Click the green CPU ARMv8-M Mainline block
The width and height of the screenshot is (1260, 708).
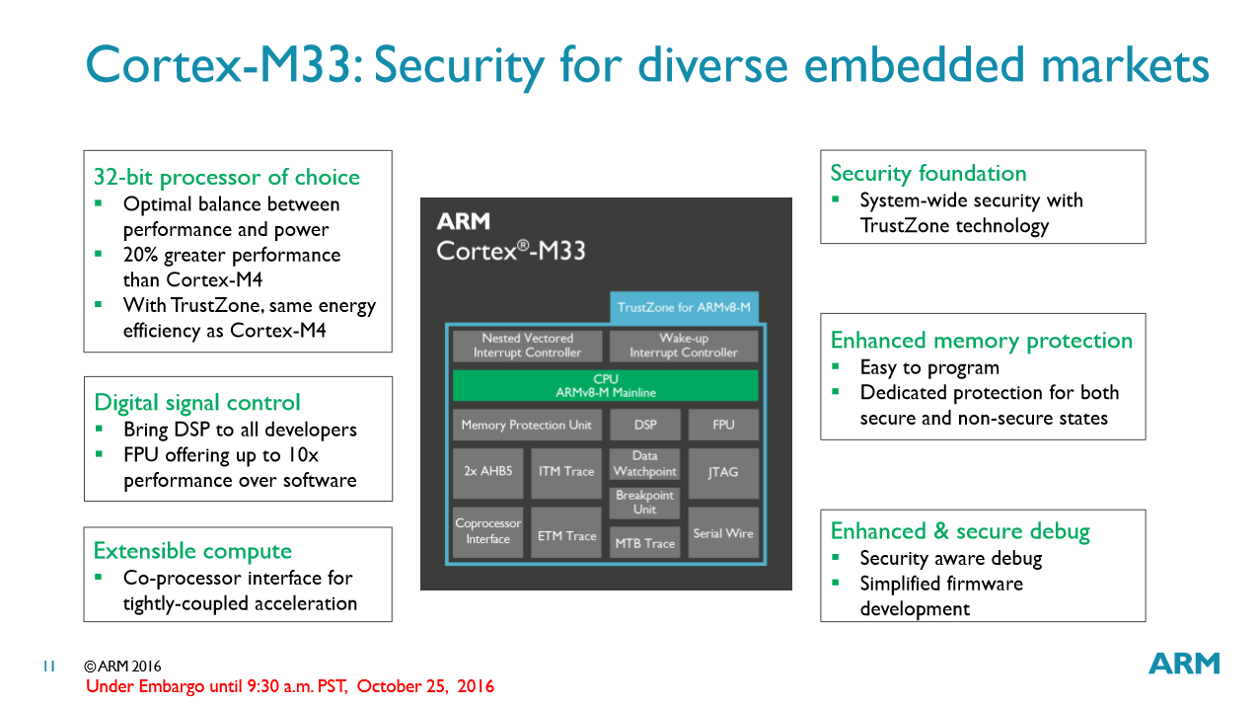[x=605, y=385]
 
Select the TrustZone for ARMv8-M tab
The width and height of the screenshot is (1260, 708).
[x=684, y=307]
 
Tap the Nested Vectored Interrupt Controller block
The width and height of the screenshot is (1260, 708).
[x=527, y=346]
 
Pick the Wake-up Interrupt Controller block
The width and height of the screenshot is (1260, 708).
[x=684, y=346]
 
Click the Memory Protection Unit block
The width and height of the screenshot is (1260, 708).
[x=527, y=425]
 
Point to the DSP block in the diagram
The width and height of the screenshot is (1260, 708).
[x=644, y=425]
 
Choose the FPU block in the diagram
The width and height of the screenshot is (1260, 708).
[x=723, y=425]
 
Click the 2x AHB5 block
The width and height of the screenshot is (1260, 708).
[x=488, y=471]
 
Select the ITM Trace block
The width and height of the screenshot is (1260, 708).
[x=566, y=471]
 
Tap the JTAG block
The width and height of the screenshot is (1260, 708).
[x=723, y=471]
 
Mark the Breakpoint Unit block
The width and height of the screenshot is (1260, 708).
[x=644, y=503]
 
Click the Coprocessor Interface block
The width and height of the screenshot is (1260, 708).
[x=488, y=531]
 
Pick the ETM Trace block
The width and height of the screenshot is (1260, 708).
[x=566, y=535]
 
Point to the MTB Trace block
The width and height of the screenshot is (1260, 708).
[x=644, y=542]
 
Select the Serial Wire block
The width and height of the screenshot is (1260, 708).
[x=723, y=533]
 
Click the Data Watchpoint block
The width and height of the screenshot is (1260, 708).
[x=644, y=464]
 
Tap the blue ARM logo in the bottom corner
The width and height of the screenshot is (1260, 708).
[x=1184, y=664]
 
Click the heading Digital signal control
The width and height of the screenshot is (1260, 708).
[x=197, y=403]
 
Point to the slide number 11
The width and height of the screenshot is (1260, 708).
[x=48, y=667]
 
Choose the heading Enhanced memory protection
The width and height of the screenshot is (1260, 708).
[x=982, y=341]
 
